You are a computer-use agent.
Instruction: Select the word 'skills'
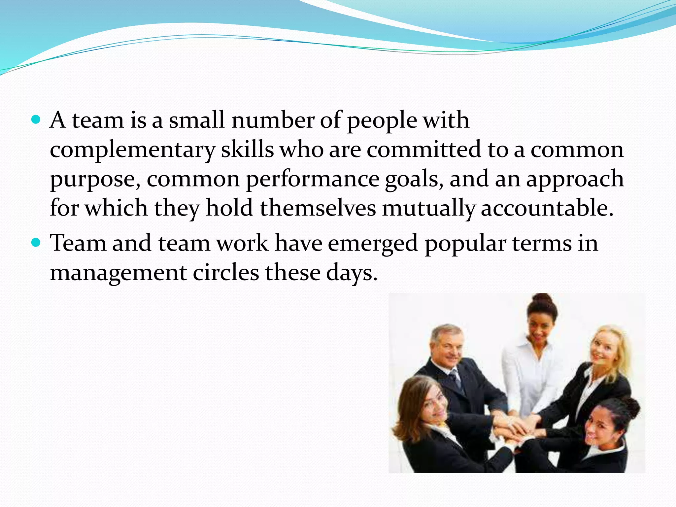coord(247,149)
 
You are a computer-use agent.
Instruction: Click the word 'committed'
coord(424,149)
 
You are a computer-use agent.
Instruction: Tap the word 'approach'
coord(575,179)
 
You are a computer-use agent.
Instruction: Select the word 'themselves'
coord(318,208)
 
